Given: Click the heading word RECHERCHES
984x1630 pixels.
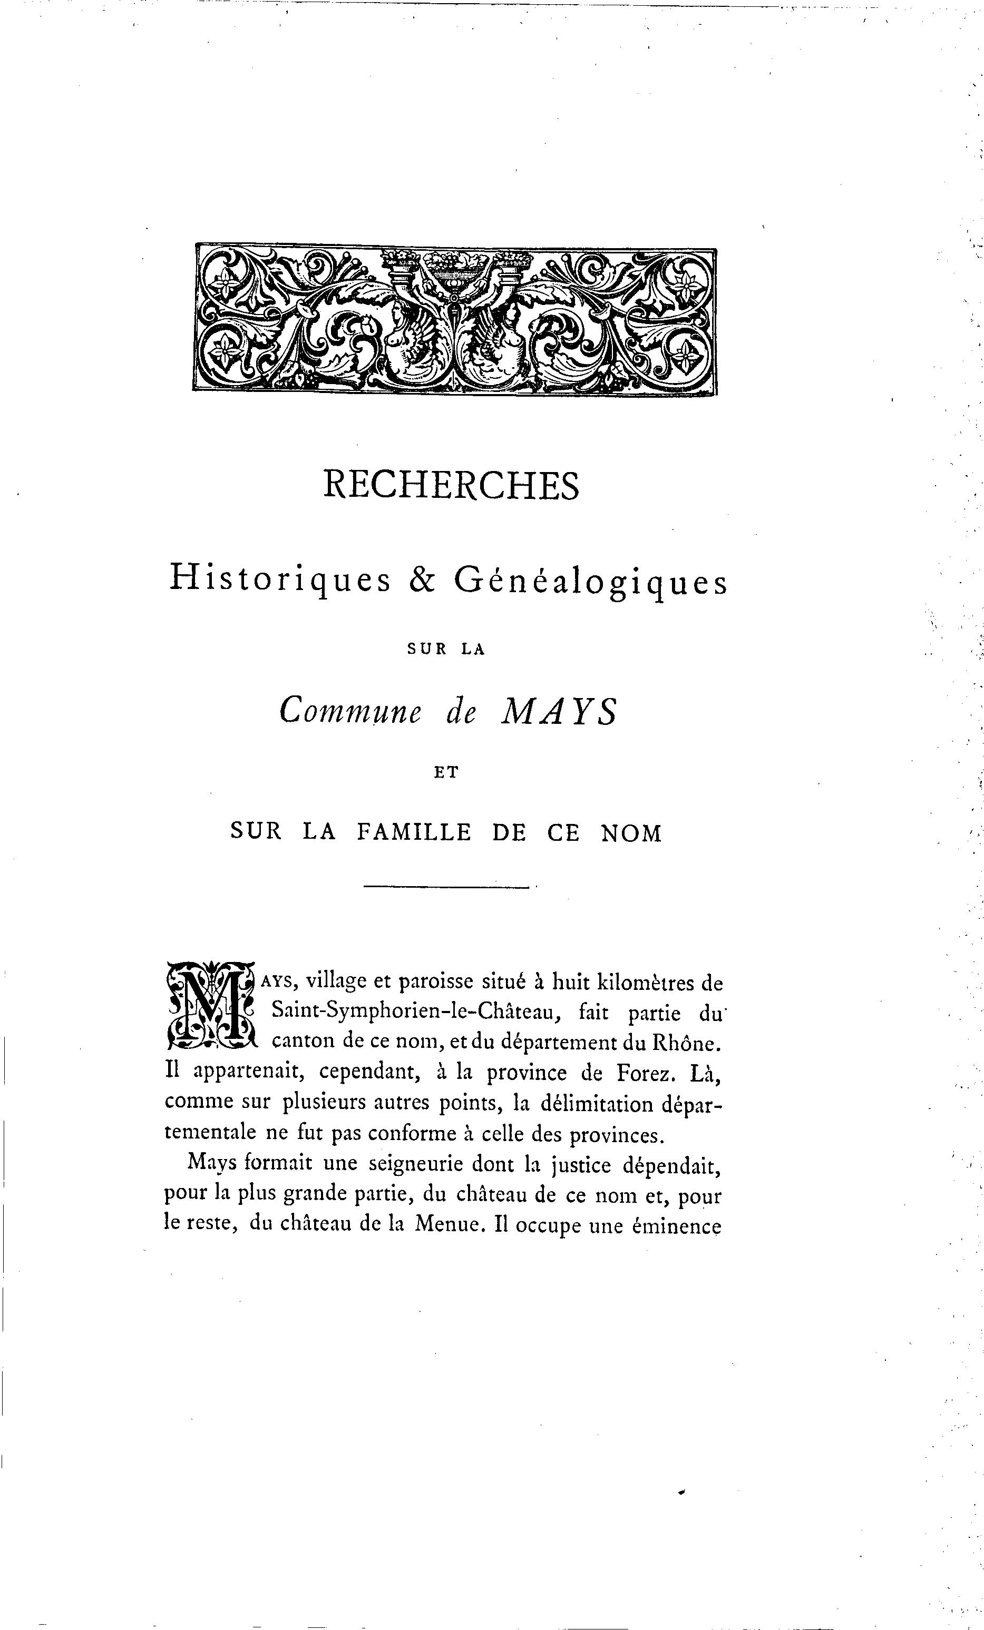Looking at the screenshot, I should (x=451, y=486).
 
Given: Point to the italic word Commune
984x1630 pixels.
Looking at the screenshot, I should (x=350, y=712).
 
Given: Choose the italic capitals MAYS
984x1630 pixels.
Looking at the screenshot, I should (x=560, y=712).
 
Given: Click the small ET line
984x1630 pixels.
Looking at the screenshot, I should (x=446, y=772).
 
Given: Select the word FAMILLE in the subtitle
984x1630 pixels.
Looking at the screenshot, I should (x=414, y=832).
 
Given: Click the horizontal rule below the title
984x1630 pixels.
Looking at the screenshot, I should (x=447, y=887).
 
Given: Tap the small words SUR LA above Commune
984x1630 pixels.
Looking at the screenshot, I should (x=446, y=650).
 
